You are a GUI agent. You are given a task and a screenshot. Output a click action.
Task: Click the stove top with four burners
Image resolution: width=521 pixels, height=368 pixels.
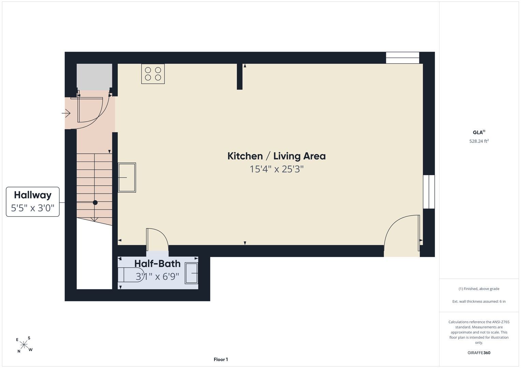153,74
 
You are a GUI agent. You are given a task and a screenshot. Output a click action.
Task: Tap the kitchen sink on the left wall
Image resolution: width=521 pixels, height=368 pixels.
127,178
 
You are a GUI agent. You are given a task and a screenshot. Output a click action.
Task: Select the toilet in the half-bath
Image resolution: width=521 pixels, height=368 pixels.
131,275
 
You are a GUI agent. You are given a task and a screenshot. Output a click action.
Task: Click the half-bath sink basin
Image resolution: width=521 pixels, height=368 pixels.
191,273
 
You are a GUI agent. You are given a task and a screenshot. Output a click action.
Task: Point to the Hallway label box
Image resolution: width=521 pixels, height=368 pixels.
32,202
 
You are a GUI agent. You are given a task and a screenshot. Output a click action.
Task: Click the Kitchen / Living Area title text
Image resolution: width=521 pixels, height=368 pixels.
276,156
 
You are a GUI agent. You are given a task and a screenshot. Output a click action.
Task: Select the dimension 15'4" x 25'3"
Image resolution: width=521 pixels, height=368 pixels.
277,169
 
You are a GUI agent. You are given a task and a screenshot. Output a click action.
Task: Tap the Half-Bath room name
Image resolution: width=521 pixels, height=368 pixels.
158,264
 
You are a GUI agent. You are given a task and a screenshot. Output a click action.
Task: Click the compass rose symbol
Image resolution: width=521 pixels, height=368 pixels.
24,345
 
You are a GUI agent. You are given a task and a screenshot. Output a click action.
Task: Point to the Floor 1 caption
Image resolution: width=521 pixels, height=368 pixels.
221,359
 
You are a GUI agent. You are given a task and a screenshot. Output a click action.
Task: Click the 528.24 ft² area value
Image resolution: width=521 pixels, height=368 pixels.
479,141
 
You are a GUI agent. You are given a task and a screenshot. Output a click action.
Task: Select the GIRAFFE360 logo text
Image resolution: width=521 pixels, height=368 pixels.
479,353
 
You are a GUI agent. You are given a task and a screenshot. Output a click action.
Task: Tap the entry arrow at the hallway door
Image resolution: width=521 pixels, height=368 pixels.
66,113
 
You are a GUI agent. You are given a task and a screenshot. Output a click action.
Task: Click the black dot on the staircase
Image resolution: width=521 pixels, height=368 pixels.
95,203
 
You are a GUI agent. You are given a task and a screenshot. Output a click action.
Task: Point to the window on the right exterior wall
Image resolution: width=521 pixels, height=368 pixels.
429,192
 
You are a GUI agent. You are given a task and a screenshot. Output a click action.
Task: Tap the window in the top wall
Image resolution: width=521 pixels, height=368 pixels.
403,58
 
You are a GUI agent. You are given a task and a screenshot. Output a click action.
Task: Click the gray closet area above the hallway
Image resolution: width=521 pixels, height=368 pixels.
95,77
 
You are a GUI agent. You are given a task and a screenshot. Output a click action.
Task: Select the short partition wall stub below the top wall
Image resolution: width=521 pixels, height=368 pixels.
240,76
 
